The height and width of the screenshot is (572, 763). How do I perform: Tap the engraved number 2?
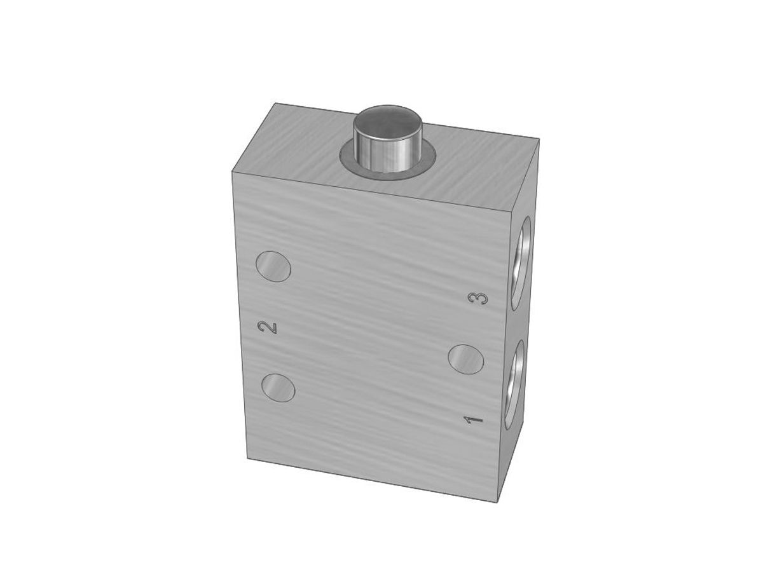[x=267, y=327]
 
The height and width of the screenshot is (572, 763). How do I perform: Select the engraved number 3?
[x=479, y=299]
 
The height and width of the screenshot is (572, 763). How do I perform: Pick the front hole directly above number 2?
[x=273, y=266]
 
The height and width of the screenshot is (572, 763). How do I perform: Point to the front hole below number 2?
[x=278, y=388]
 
